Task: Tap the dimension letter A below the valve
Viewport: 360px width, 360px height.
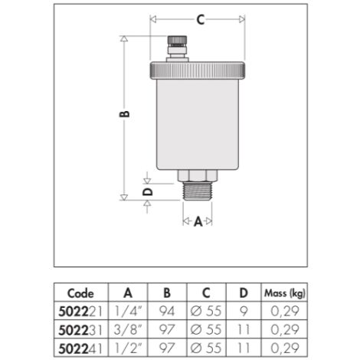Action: (x=198, y=221)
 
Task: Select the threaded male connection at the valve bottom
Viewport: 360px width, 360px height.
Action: (x=198, y=191)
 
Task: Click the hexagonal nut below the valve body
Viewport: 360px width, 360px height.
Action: (x=198, y=175)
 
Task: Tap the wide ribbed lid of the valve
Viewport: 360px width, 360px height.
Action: (x=198, y=71)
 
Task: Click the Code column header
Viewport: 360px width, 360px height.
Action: (x=80, y=293)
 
